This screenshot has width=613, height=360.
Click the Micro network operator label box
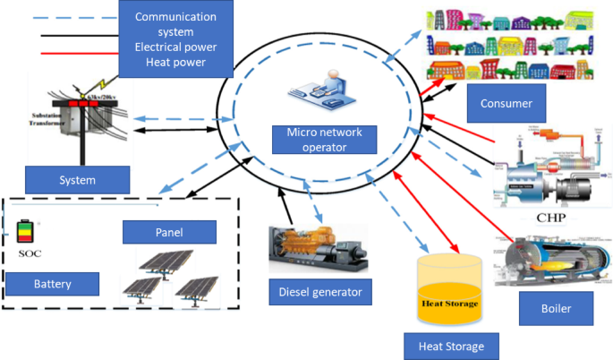(x=325, y=139)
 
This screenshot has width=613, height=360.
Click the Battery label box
(x=52, y=284)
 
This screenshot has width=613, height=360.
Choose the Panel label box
(x=168, y=233)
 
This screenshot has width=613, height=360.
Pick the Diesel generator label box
(x=319, y=290)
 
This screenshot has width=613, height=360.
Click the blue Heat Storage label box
(x=445, y=345)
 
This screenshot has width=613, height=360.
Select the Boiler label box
(x=556, y=310)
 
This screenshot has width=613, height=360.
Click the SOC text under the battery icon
(x=30, y=254)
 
